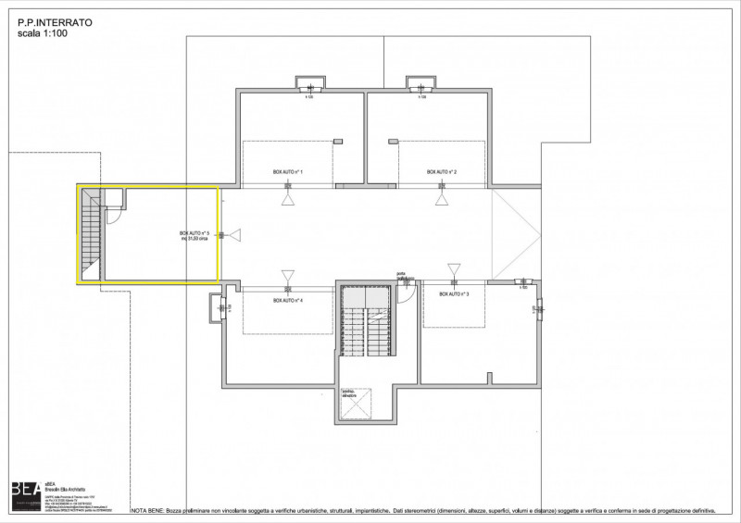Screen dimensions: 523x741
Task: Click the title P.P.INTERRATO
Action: tap(55, 19)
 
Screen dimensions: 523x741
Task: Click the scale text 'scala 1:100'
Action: tap(44, 32)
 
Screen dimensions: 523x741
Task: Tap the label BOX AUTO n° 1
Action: tap(288, 173)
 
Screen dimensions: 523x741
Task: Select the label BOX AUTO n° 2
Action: tap(442, 173)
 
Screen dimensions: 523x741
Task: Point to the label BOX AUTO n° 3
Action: tap(454, 294)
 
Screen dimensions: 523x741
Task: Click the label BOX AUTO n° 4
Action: tap(288, 302)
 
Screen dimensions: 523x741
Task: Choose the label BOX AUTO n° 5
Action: tap(196, 235)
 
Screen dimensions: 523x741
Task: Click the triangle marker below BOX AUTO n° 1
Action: tap(288, 199)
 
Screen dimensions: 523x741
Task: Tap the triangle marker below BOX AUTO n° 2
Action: tap(442, 199)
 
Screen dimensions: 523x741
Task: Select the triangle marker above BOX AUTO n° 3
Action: tap(454, 270)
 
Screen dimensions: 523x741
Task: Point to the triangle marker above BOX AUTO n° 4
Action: tap(288, 275)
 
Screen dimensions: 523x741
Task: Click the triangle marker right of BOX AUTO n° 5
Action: tap(234, 235)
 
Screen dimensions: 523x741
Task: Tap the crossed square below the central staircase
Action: tap(358, 402)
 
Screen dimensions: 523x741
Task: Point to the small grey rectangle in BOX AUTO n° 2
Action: tap(394, 141)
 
